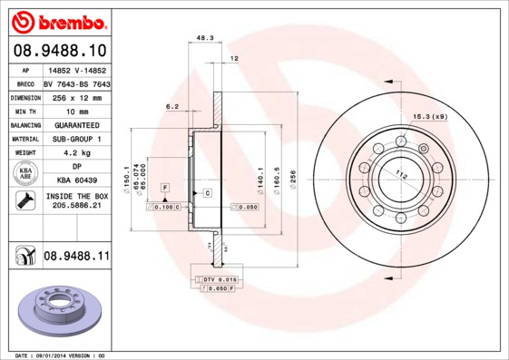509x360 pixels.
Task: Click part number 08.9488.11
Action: (x=76, y=258)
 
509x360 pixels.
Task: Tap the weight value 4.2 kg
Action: (x=76, y=153)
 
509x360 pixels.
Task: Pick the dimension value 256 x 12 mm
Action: (x=76, y=96)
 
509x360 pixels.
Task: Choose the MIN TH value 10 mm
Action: (x=76, y=110)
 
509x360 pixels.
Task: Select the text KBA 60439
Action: (x=76, y=181)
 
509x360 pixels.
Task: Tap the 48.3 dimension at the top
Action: (x=205, y=38)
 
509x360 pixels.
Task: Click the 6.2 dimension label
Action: (x=172, y=107)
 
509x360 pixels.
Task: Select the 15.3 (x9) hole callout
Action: (x=431, y=117)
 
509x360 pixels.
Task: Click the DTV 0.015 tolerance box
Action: (x=219, y=279)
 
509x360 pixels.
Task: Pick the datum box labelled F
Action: (x=165, y=186)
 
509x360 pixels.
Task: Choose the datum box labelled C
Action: (x=207, y=193)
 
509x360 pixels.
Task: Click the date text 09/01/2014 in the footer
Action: (x=64, y=355)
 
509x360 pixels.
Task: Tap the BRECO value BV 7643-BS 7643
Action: (x=76, y=83)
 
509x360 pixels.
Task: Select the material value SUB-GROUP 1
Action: (x=76, y=139)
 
